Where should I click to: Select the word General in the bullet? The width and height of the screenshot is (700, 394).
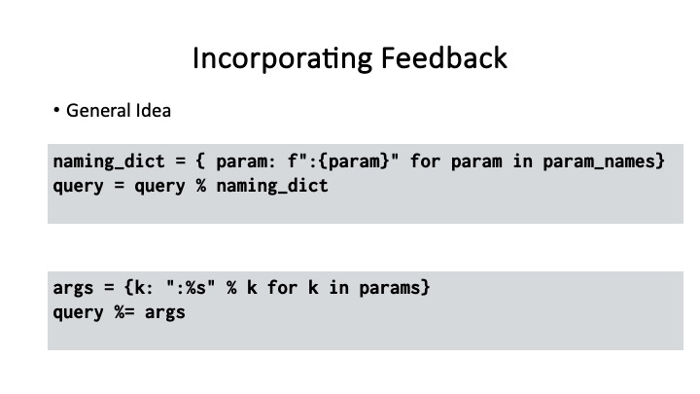[x=91, y=111]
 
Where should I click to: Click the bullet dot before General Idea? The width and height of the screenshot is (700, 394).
[x=57, y=111]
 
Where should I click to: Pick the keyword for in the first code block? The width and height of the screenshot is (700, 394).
[x=425, y=161]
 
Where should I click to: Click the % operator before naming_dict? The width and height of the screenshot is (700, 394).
[x=200, y=184]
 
